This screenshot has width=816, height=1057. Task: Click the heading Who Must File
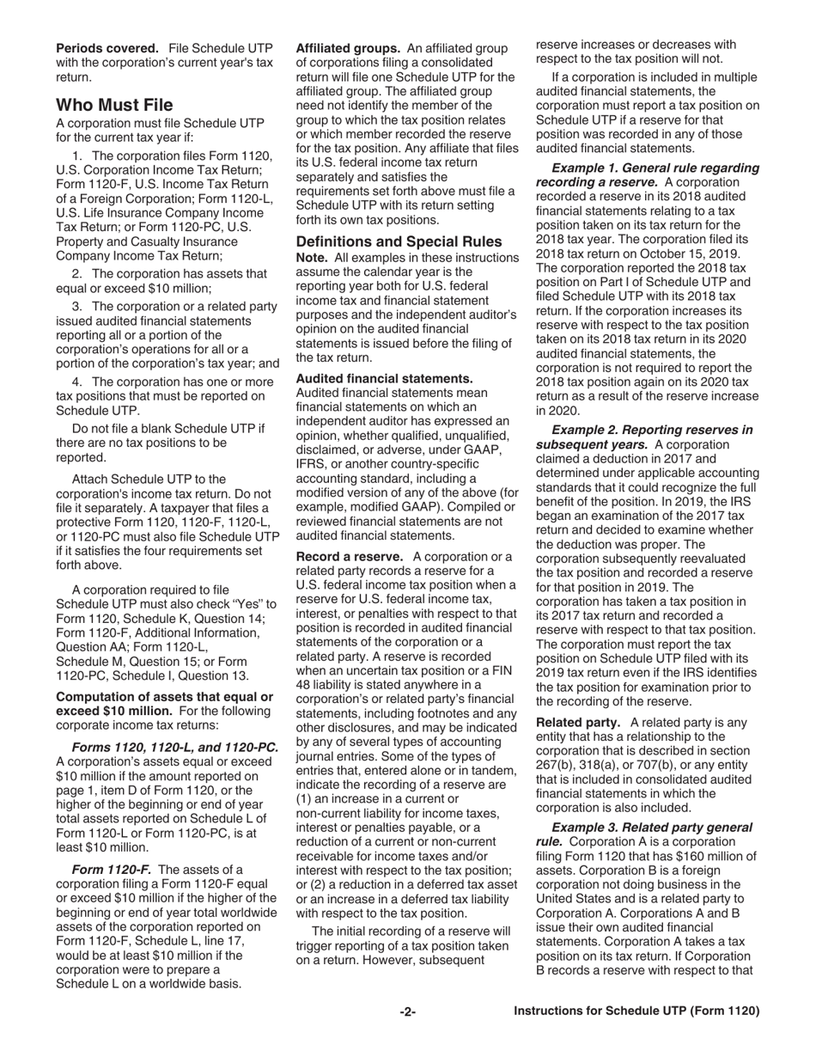(114, 105)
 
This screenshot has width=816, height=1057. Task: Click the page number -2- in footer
(407, 1011)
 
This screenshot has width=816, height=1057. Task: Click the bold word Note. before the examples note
(312, 258)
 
